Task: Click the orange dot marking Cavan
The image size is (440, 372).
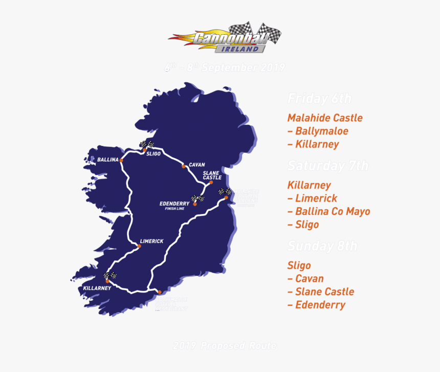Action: (x=183, y=166)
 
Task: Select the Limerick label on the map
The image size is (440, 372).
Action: (x=151, y=241)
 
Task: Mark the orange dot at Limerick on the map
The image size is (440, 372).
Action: (x=139, y=246)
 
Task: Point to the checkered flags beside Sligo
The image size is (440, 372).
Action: (x=147, y=144)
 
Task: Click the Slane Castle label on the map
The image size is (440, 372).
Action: (x=212, y=175)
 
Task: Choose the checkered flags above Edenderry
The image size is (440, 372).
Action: (x=197, y=198)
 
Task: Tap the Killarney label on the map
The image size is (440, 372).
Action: (x=97, y=289)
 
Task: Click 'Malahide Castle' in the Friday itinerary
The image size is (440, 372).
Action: (x=325, y=118)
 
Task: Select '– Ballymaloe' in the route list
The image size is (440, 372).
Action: (x=318, y=131)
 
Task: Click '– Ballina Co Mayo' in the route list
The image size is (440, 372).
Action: (x=328, y=211)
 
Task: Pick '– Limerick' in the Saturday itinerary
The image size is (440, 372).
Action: (x=312, y=198)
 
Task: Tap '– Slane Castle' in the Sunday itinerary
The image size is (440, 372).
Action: (x=321, y=292)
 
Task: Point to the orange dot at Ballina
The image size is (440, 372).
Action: (x=122, y=160)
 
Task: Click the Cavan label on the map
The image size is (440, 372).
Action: (x=196, y=165)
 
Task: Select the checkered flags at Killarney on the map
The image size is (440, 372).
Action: (x=110, y=275)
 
